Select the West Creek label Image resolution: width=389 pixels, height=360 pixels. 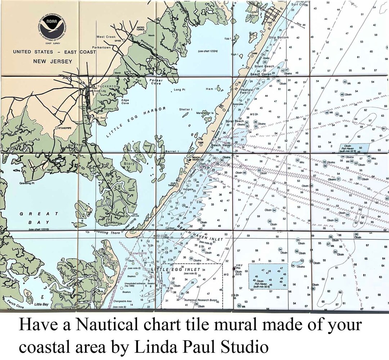click(x=106, y=37)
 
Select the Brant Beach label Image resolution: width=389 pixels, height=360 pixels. click(x=264, y=66)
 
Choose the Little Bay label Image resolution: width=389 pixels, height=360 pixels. click(x=41, y=305)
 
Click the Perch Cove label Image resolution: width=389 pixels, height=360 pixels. click(x=15, y=307)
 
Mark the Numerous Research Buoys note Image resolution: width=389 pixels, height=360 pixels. click(x=200, y=300)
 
